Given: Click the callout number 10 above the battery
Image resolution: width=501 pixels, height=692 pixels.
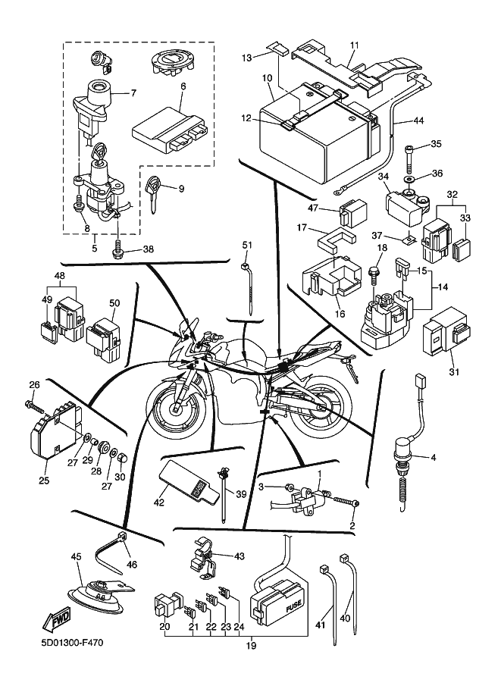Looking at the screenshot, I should tap(267, 77).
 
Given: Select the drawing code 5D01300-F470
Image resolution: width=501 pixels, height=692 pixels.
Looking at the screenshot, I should tap(73, 644).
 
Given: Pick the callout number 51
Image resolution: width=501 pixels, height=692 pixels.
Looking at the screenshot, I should tap(246, 244).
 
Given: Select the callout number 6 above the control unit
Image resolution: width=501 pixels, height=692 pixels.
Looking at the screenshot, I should tap(183, 87).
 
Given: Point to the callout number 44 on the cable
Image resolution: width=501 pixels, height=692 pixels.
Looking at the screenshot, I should tap(418, 121).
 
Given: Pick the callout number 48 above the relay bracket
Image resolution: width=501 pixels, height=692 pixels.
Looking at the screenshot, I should tap(60, 276).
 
